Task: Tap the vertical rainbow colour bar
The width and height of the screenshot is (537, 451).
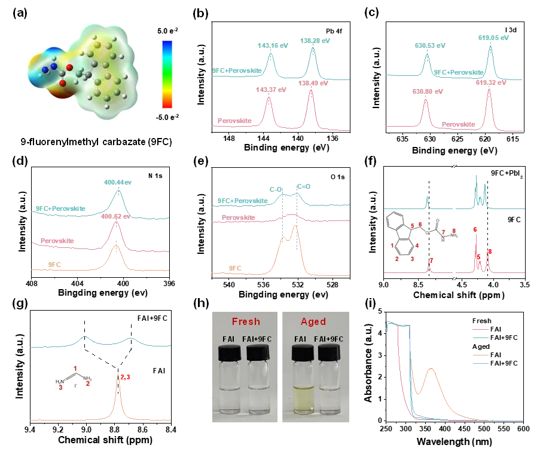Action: (167, 73)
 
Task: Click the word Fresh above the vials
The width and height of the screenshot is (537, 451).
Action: (245, 321)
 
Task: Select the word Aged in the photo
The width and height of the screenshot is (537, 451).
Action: (313, 321)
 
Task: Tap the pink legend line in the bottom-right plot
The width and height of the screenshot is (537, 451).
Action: (480, 328)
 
